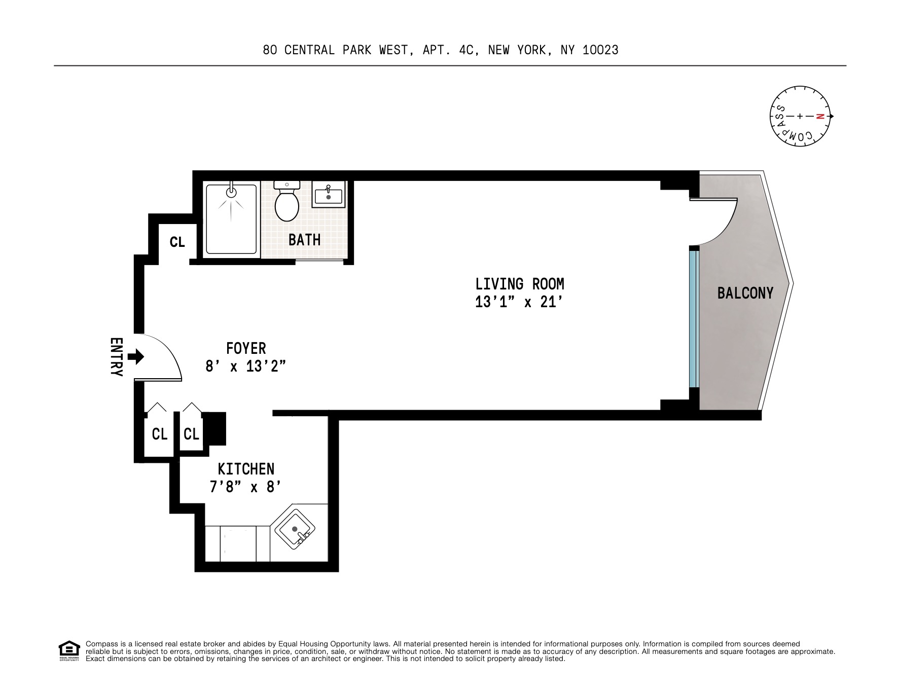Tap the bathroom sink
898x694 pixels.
[328, 195]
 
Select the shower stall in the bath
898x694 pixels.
[231, 219]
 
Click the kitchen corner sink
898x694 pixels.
[295, 529]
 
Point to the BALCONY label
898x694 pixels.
[745, 293]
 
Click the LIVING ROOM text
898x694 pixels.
[519, 283]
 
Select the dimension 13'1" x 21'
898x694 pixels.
[519, 302]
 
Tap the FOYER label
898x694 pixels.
[246, 348]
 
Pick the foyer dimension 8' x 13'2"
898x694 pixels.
[246, 366]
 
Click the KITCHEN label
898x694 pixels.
[246, 468]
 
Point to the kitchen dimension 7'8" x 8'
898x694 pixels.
[246, 487]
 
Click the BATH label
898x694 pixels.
[304, 240]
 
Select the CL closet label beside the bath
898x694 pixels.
[177, 242]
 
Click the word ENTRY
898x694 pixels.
[116, 357]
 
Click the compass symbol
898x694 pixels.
[800, 116]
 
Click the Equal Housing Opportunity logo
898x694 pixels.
[69, 651]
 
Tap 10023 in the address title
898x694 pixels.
[600, 50]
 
